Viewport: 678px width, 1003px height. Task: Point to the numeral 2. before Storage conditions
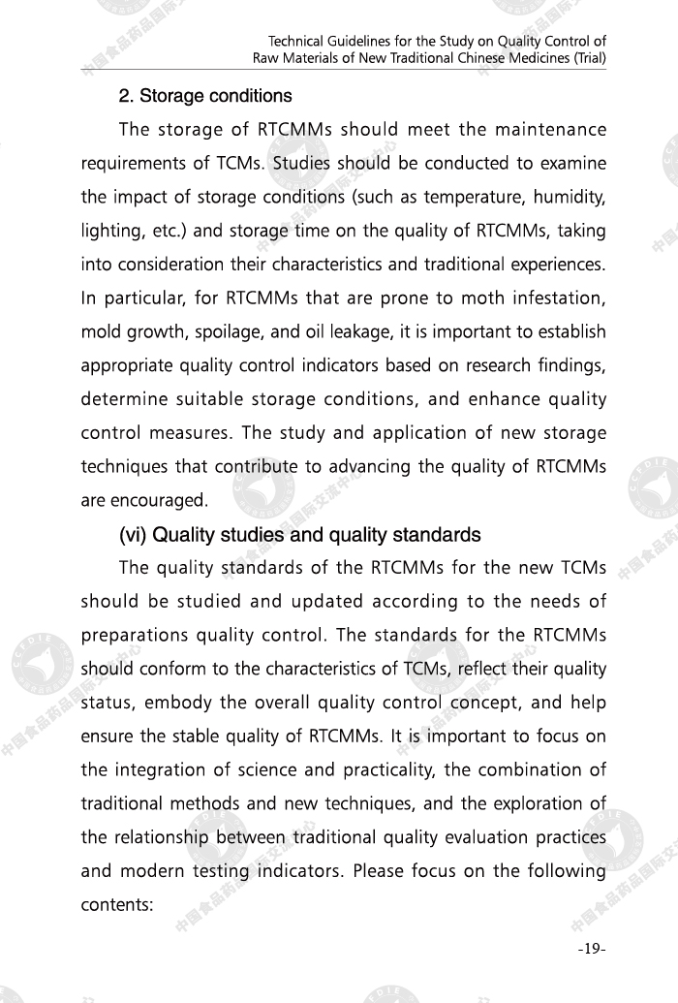[126, 97]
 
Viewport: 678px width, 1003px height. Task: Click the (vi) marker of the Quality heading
[134, 535]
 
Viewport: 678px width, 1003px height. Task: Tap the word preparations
[135, 636]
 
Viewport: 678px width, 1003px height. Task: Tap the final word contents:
[114, 905]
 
